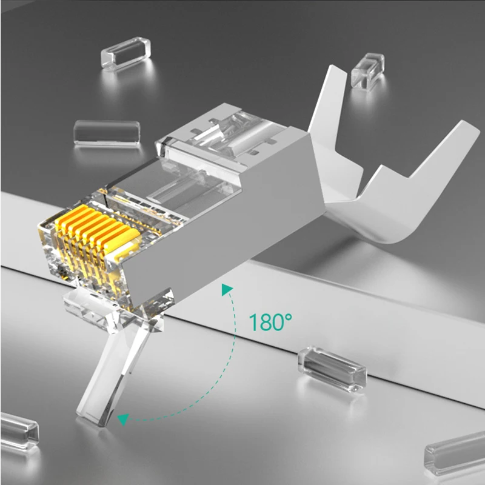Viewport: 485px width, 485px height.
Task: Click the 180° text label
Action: [x=266, y=322]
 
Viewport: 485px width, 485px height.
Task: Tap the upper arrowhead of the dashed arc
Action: [x=227, y=290]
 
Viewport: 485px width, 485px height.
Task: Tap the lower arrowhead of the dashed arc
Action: [x=124, y=418]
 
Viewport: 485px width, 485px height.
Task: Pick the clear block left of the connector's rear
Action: [x=107, y=133]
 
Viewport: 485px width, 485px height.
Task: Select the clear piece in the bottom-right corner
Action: [x=455, y=452]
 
